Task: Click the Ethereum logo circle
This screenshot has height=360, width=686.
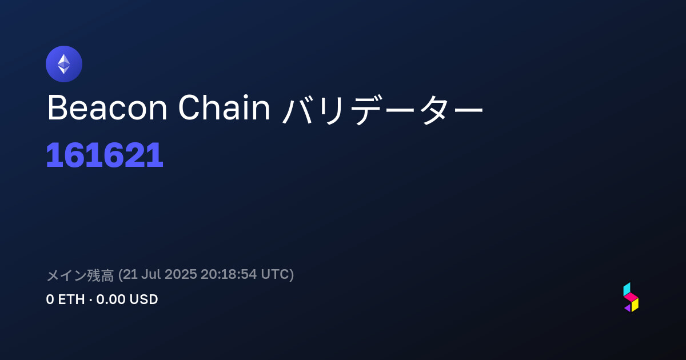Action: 64,64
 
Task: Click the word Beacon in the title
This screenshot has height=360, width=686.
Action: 107,108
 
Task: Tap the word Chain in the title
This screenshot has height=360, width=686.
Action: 224,107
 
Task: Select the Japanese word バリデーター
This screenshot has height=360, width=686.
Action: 382,109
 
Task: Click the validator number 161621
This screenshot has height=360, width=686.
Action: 105,155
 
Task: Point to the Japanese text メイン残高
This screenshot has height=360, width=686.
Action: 80,275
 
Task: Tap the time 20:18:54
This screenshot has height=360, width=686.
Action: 229,274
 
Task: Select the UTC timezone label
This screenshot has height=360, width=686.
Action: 275,274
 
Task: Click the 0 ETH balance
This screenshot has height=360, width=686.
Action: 65,299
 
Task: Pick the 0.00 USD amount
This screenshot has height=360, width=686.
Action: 127,299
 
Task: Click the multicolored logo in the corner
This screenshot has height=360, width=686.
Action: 631,297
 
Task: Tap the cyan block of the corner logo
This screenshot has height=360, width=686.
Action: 627,289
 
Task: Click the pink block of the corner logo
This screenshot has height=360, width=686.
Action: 631,297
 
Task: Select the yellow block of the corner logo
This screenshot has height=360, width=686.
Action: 635,305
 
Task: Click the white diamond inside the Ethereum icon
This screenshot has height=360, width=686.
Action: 64,64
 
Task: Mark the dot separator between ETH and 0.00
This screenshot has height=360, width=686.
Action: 91,299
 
